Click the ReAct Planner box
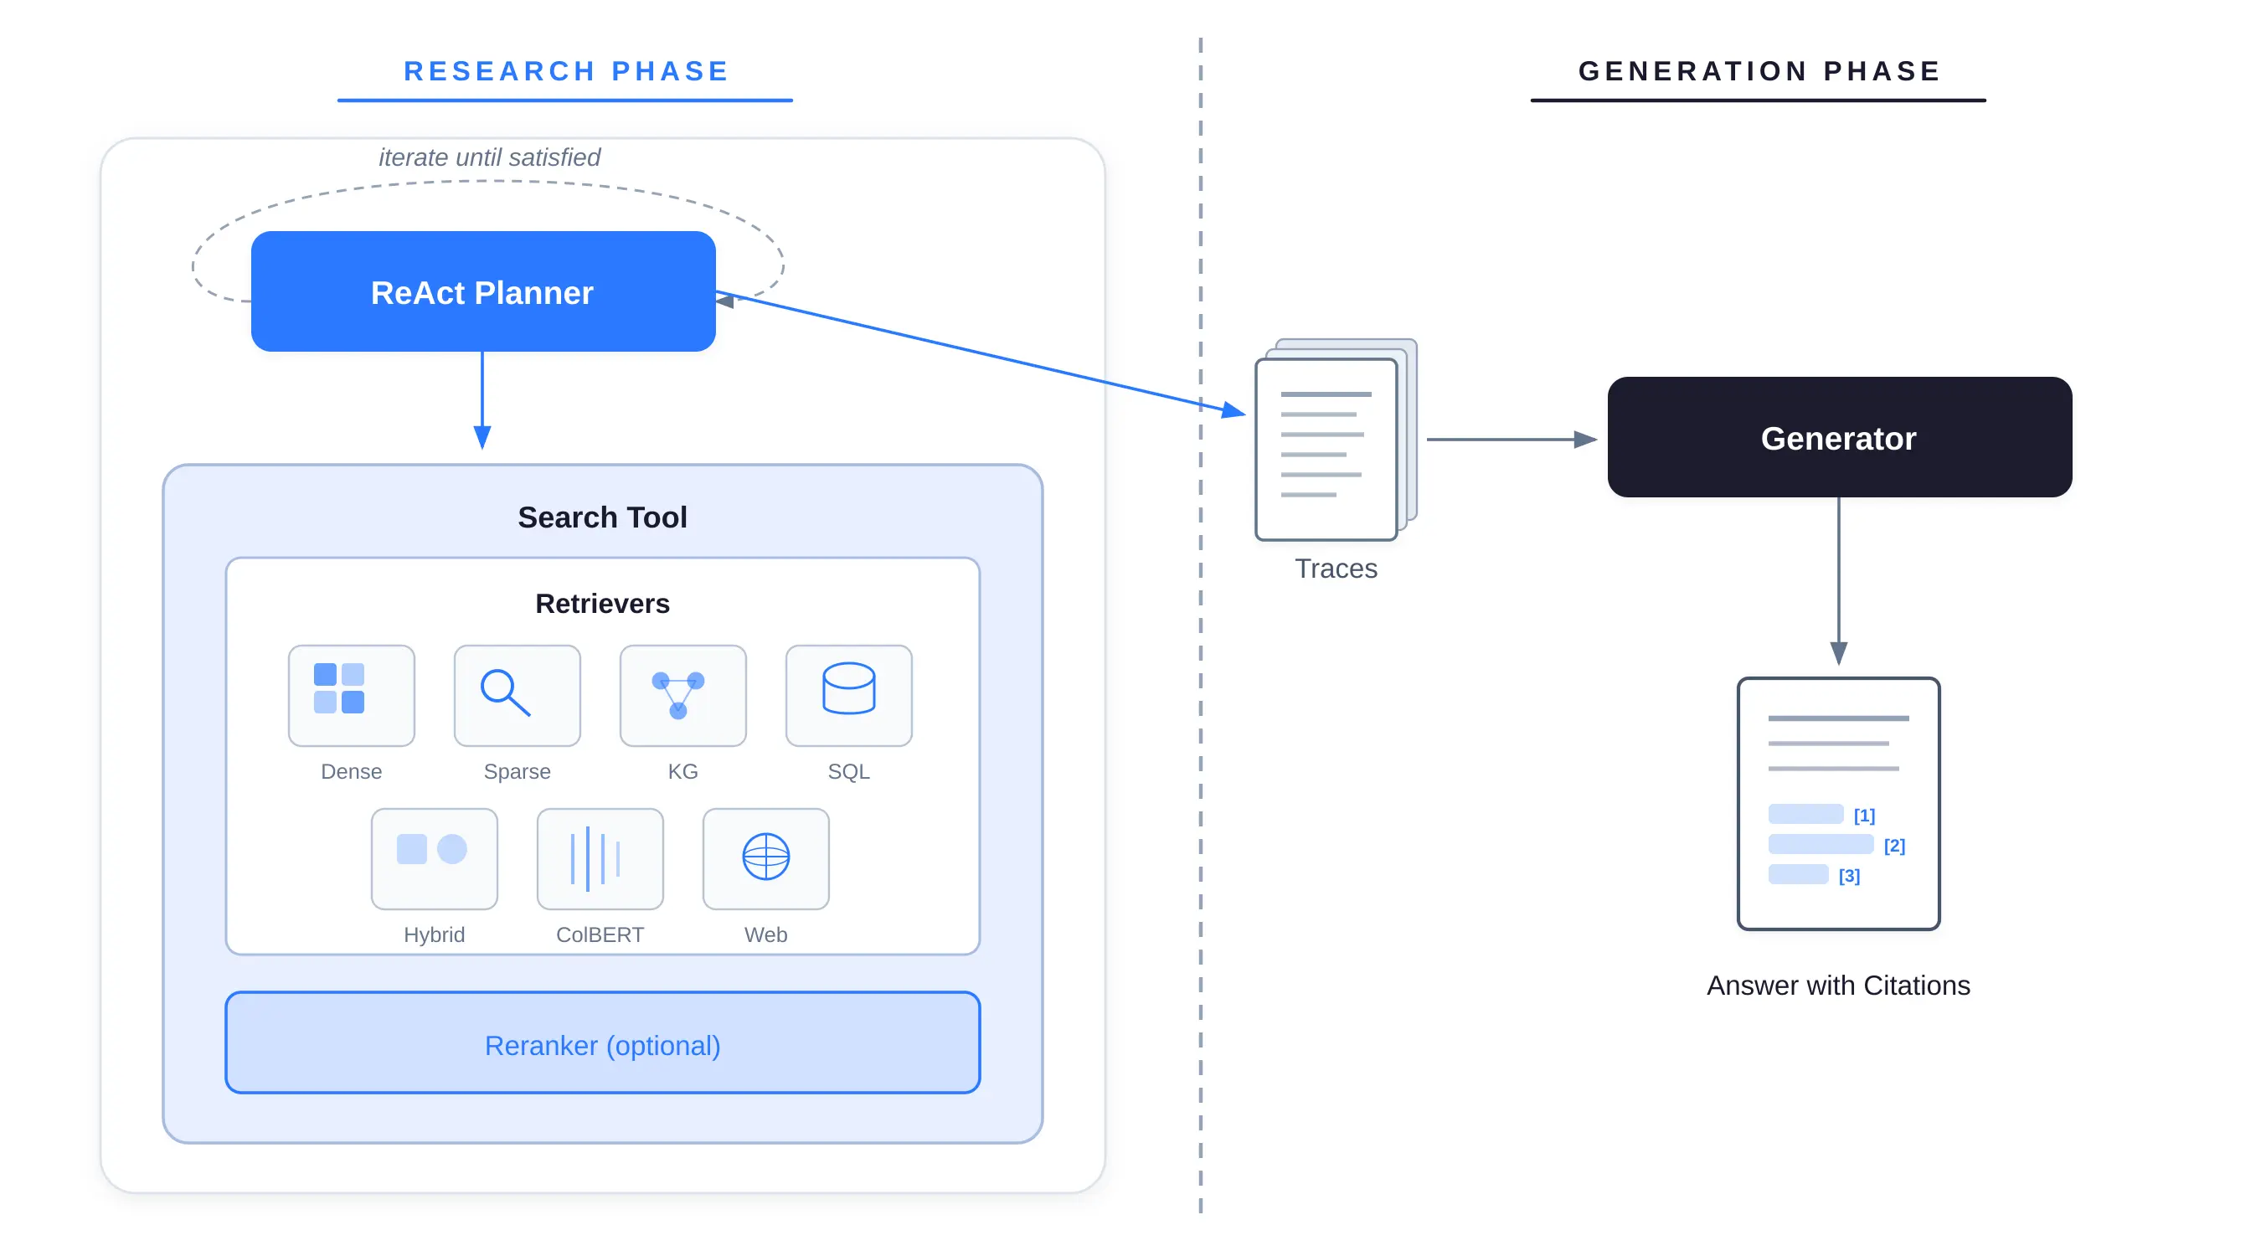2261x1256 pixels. click(x=482, y=291)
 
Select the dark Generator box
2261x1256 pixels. click(x=1839, y=437)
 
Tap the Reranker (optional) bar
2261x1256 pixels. click(x=602, y=1042)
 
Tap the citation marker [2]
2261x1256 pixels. click(x=1894, y=845)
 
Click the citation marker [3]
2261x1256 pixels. click(x=1848, y=875)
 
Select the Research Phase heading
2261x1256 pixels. click(x=566, y=71)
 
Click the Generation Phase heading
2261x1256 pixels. click(x=1759, y=71)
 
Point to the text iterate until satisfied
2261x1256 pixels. click(x=489, y=157)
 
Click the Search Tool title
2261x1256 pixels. click(x=602, y=517)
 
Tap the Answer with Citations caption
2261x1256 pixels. click(x=1838, y=985)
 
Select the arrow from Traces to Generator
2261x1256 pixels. click(x=1510, y=439)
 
